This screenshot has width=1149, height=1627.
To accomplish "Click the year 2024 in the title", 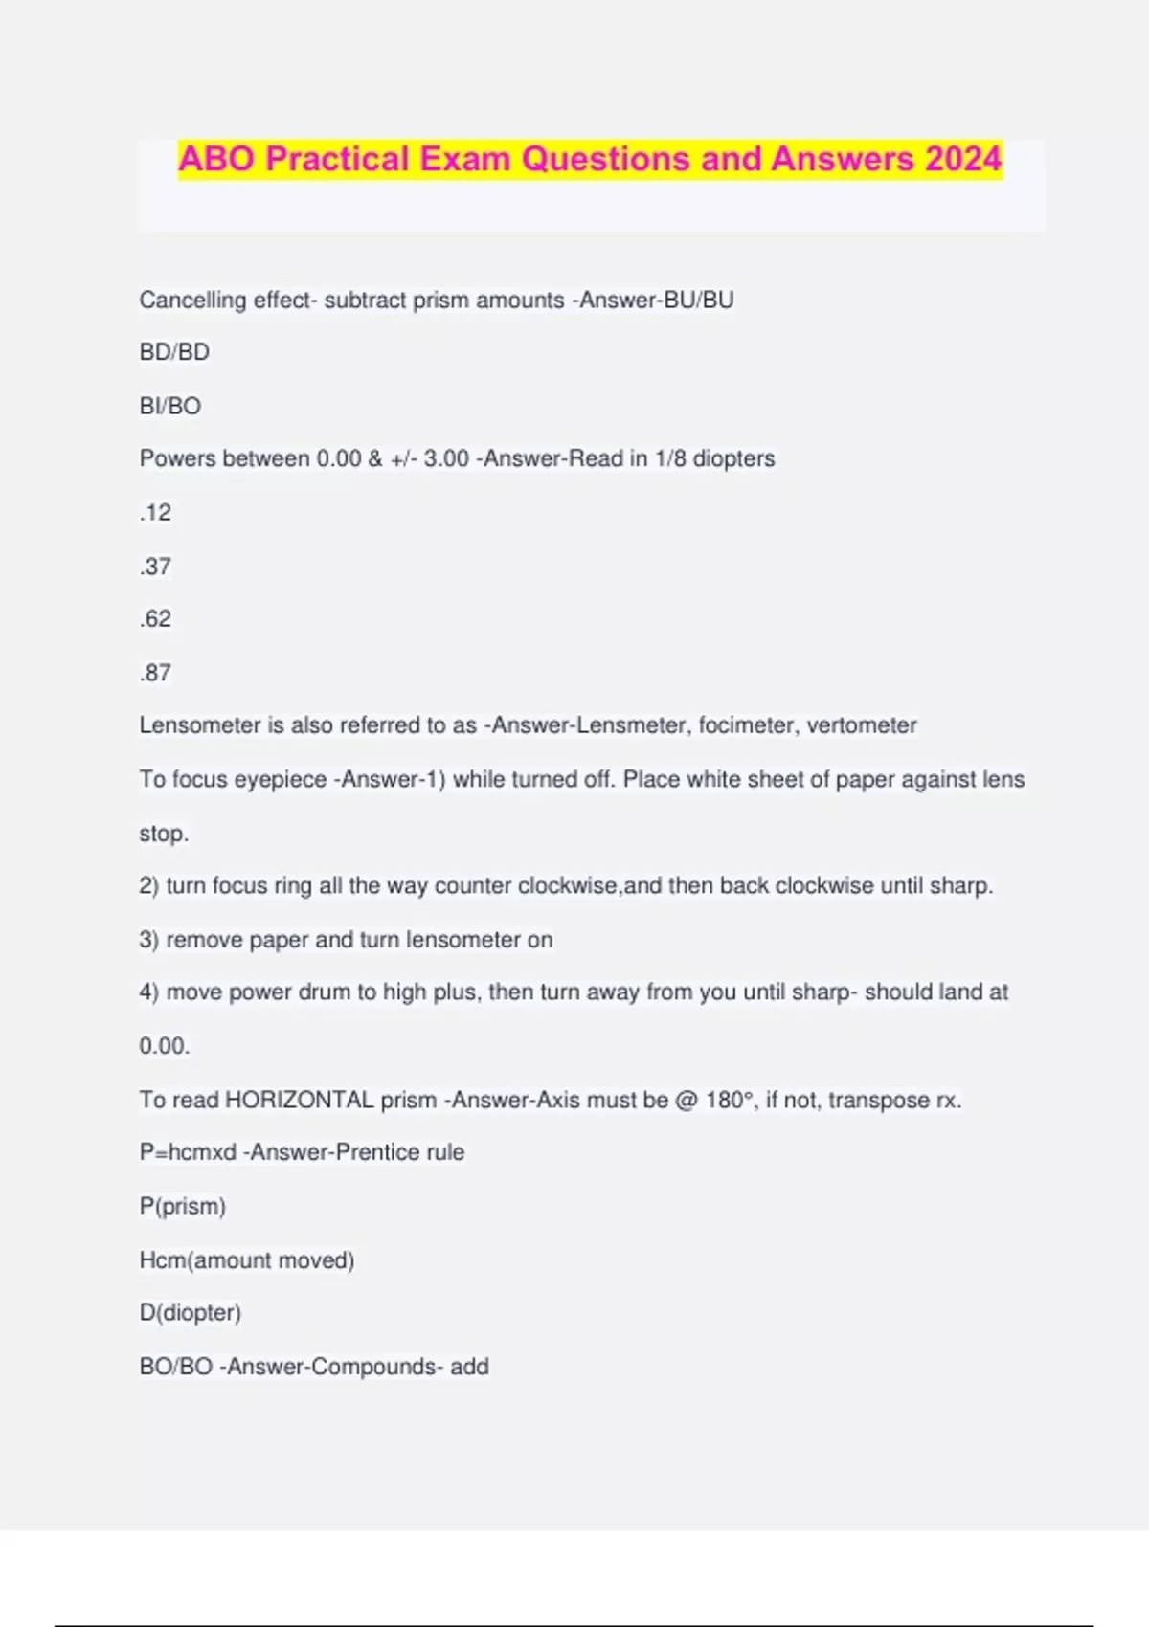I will (x=963, y=159).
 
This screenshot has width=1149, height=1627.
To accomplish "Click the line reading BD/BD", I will (x=174, y=352).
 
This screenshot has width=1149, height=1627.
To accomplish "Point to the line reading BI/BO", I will (x=170, y=406).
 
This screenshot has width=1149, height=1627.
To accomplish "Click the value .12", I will (x=156, y=512).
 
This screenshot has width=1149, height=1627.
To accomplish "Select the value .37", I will (x=156, y=566).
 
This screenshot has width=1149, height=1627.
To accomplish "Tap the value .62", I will (x=156, y=618).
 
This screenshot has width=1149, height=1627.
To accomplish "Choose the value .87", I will (x=156, y=673).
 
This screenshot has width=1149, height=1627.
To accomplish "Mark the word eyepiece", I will (x=281, y=780).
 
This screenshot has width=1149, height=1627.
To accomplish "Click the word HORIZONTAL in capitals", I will (x=299, y=1100).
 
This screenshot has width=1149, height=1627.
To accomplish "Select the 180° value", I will (x=730, y=1100).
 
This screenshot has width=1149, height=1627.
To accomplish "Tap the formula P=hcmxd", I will (x=188, y=1152).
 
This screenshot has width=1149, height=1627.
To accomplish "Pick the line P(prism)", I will (x=183, y=1206).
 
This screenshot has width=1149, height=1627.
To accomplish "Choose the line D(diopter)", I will (x=191, y=1312).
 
